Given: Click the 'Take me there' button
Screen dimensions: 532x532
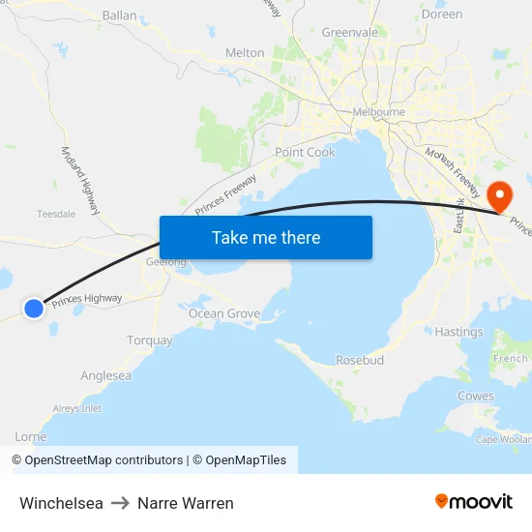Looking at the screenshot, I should [x=266, y=237].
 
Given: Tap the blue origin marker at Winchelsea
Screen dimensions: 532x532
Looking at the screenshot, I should [x=34, y=309].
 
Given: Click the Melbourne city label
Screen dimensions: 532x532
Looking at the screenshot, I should [x=379, y=112].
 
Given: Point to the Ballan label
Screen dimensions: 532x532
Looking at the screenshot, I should [x=120, y=15].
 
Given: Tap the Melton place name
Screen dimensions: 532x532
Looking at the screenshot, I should [x=244, y=53].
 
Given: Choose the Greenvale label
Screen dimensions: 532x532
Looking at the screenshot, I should [x=349, y=32].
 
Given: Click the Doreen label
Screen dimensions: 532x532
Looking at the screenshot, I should [x=442, y=15].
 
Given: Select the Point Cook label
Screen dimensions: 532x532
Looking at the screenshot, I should [x=305, y=153].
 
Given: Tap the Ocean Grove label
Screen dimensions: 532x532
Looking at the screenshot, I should [x=224, y=313].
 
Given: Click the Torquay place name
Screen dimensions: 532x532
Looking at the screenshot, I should [x=150, y=340].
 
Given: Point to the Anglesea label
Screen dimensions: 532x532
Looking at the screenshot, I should [x=106, y=375].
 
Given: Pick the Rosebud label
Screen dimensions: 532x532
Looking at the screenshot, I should [x=360, y=360].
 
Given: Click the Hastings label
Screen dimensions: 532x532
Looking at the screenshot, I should [x=458, y=332].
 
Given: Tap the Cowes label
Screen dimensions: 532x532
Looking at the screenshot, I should [x=475, y=396].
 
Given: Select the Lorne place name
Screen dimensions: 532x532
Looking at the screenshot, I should [x=31, y=437].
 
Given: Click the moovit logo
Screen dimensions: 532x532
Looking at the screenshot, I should [x=474, y=501].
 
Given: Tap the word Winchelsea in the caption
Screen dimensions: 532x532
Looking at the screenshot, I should [x=61, y=503].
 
